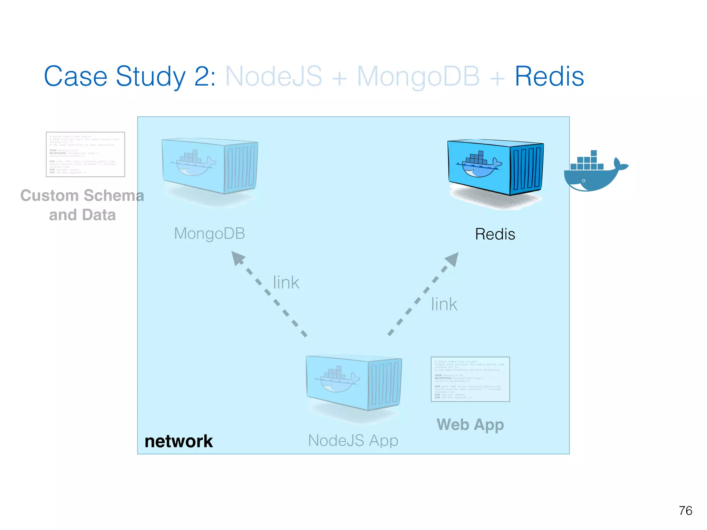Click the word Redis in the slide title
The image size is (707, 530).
pos(549,77)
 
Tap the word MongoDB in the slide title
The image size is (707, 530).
pos(418,77)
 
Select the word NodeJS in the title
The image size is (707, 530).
pos(273,77)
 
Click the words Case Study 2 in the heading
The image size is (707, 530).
pos(129,77)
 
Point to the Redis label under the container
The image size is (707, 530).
pos(495,234)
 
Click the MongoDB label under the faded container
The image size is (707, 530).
pos(210,234)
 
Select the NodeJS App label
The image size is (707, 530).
pos(353,441)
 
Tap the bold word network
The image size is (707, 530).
pos(178,441)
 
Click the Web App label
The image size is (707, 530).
pos(470,424)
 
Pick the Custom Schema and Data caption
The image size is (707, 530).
pos(82,205)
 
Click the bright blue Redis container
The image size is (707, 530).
pos(495,167)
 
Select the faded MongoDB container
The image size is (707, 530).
pos(210,166)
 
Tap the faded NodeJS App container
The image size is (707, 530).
pos(353,383)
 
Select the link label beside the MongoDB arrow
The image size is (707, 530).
pos(286,283)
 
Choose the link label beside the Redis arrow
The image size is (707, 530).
pos(444,304)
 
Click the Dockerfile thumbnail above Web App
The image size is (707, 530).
pos(470,379)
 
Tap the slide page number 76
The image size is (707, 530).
pos(685,511)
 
